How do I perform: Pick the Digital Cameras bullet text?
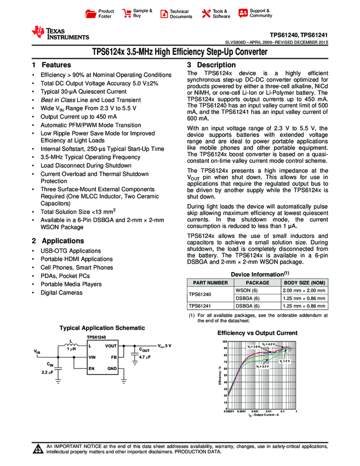[x=61, y=293]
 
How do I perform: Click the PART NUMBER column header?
[x=209, y=282]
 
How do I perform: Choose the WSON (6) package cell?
[x=246, y=290]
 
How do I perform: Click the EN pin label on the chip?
[x=92, y=368]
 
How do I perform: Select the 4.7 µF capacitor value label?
[x=145, y=357]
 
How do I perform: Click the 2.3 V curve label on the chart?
[x=262, y=366]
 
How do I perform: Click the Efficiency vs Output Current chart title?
[x=257, y=333]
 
